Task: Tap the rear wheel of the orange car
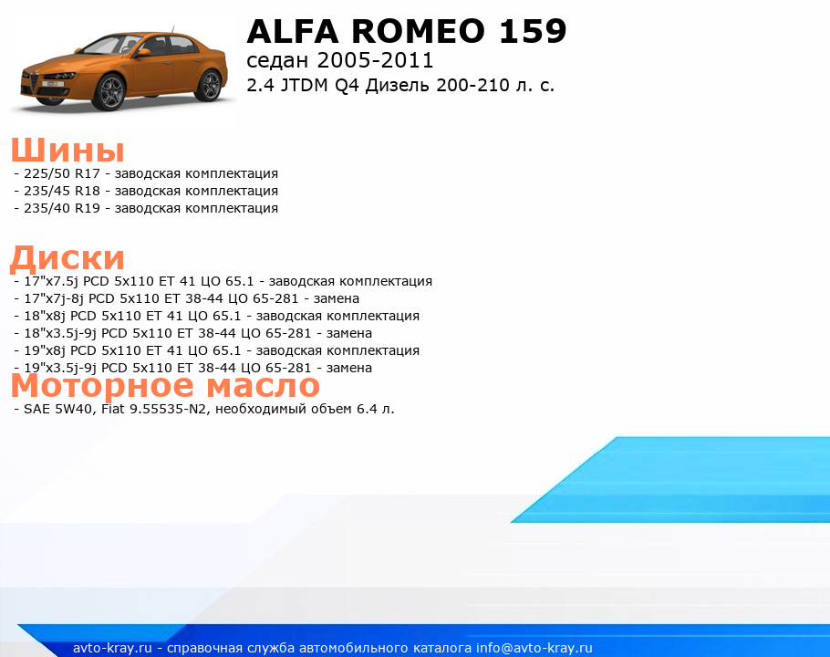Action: point(209,86)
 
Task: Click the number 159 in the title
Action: point(533,31)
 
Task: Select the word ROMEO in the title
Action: point(418,31)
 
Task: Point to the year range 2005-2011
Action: point(375,60)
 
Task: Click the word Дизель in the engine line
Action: point(398,85)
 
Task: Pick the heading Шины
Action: point(67,150)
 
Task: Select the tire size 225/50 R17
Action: point(61,173)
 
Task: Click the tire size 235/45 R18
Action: point(61,191)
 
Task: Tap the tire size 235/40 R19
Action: point(61,209)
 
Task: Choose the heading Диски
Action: point(67,258)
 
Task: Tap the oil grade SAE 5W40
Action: point(59,409)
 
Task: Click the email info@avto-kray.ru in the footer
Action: point(534,648)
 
